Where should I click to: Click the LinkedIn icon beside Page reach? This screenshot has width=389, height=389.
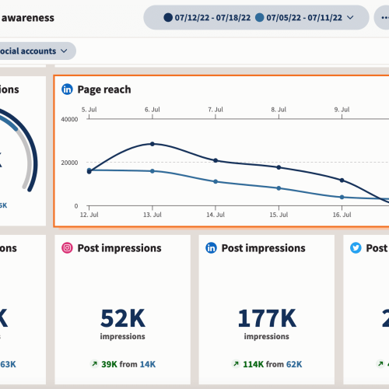[68, 89]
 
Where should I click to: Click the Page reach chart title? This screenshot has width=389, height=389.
[104, 89]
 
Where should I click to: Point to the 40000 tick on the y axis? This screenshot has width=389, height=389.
[70, 119]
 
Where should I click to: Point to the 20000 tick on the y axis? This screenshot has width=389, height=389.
[70, 162]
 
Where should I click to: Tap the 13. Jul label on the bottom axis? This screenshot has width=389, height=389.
[152, 212]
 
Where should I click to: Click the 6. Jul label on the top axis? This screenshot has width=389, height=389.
[152, 110]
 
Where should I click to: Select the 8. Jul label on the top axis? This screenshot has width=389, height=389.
[278, 110]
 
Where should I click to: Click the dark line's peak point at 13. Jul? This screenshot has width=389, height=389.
[152, 144]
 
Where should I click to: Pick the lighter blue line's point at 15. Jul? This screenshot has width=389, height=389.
[278, 188]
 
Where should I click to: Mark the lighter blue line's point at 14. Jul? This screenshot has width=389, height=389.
[216, 181]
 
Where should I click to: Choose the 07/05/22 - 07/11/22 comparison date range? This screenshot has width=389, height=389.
[303, 16]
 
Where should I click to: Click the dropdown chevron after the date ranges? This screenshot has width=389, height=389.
[351, 16]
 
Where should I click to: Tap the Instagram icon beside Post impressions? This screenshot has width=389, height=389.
[68, 248]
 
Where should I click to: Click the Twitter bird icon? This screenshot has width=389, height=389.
[356, 248]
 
